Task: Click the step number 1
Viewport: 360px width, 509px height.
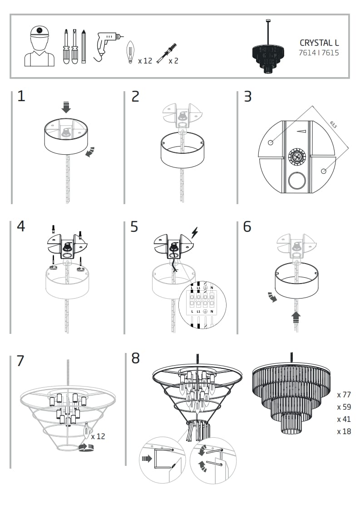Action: point(21,97)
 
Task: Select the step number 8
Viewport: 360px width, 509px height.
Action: point(135,358)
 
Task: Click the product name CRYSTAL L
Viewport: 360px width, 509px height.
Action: point(319,43)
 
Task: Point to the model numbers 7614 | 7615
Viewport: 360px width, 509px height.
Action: point(319,53)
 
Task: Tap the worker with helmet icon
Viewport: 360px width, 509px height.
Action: point(39,45)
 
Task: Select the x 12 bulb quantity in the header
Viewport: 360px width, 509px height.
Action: point(145,60)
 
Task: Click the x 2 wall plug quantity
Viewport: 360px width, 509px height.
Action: point(173,60)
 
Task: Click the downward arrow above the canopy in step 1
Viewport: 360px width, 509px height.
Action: point(66,108)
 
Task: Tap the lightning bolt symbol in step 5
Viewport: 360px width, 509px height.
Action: point(195,233)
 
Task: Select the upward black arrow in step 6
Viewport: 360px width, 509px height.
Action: point(296,317)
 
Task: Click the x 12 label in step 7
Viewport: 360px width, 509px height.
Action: point(98,436)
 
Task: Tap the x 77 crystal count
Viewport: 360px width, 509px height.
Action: point(344,395)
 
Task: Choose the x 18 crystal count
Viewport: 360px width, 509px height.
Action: point(344,431)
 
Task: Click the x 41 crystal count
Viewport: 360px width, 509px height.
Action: point(344,419)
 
